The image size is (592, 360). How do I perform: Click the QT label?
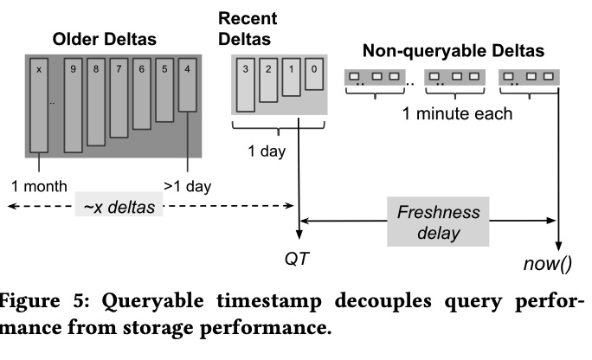click(296, 259)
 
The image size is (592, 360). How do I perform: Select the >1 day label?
click(186, 184)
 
